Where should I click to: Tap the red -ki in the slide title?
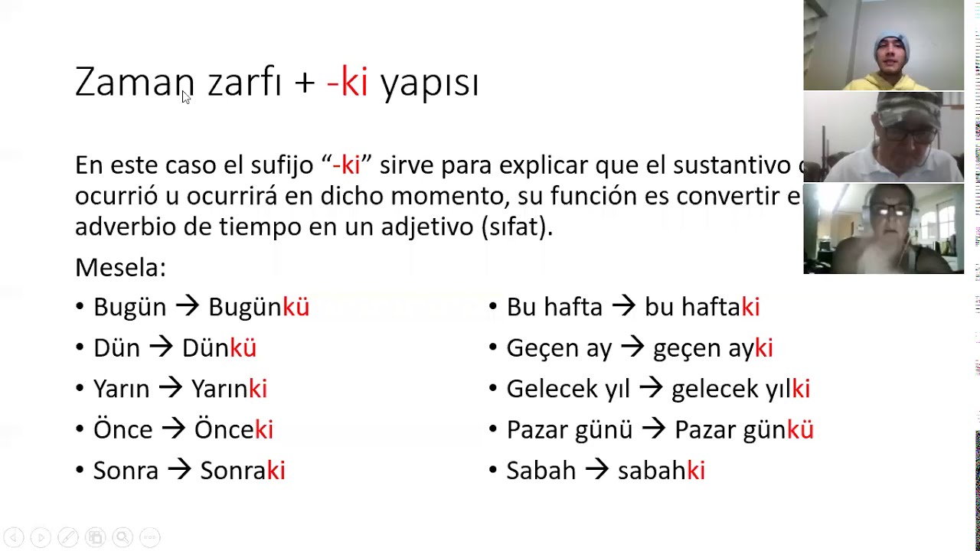point(347,82)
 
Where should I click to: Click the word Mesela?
point(120,267)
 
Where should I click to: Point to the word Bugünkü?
point(259,307)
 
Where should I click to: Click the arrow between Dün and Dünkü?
point(161,347)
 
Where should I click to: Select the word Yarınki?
point(229,389)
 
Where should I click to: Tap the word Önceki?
point(234,429)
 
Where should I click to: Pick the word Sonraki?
point(242,470)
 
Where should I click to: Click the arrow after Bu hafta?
point(623,307)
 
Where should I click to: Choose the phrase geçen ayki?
point(713,348)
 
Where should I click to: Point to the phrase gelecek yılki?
point(740,389)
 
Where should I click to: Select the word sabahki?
point(661,470)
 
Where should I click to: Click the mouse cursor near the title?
point(185,96)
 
